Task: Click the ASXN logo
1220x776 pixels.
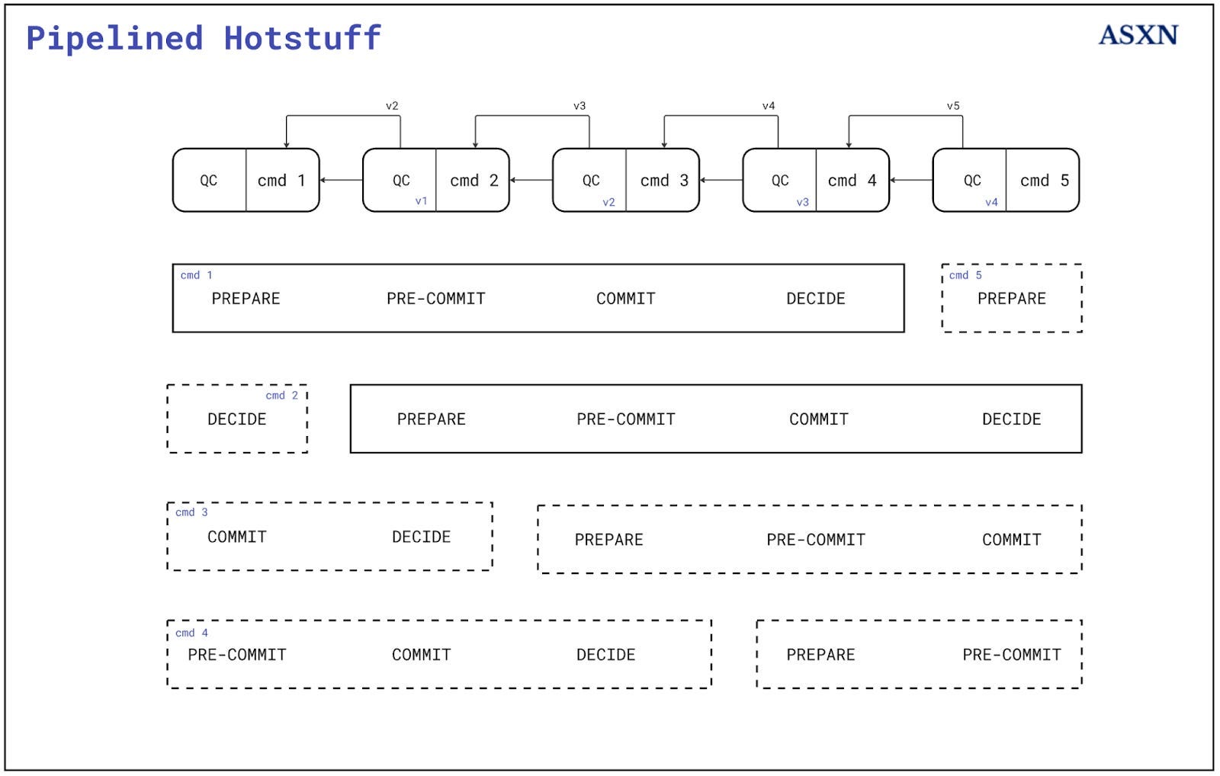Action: tap(1138, 35)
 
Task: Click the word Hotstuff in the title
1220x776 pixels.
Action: tap(302, 38)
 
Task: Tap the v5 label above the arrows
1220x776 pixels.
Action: tap(953, 106)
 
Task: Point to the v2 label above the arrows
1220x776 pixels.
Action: tap(392, 106)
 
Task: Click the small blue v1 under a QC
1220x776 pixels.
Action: tap(421, 201)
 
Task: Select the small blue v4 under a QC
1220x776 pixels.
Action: tap(991, 202)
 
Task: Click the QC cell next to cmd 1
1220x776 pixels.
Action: tap(209, 181)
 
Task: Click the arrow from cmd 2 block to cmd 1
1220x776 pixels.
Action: tap(341, 181)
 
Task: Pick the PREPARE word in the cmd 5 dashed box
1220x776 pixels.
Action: tap(1011, 299)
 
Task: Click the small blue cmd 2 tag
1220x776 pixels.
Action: tap(281, 396)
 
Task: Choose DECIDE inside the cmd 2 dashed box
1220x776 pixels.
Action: tap(237, 419)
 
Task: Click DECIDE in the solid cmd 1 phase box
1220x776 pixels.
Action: tap(815, 299)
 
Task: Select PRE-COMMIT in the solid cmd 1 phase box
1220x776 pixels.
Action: tap(435, 299)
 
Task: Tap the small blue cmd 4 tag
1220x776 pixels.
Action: tap(191, 633)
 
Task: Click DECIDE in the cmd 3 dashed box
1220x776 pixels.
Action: tap(421, 537)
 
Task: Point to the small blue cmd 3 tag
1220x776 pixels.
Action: tap(191, 512)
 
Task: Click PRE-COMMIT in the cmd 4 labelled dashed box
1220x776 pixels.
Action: tap(237, 655)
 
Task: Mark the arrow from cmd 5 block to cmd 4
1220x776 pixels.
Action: tap(911, 181)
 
